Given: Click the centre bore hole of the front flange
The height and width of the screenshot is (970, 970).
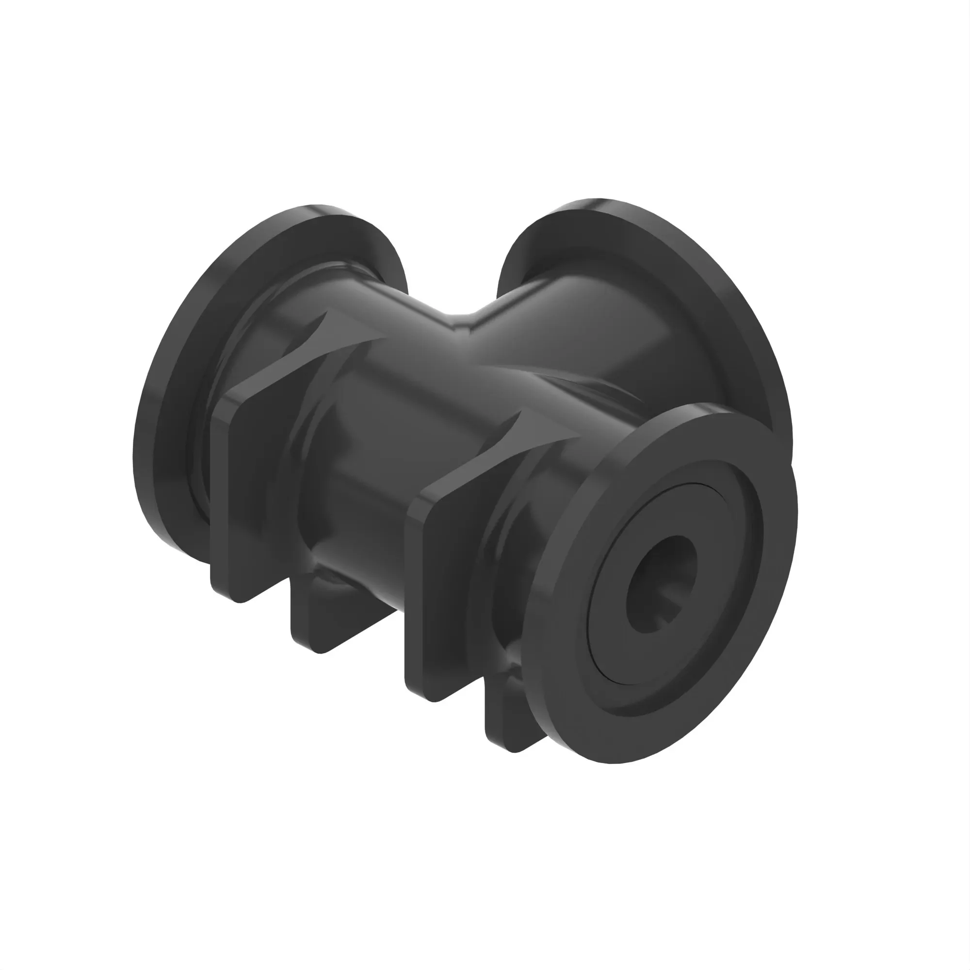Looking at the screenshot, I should tap(662, 585).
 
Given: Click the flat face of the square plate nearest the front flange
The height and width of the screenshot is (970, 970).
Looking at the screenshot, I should tap(447, 593).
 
